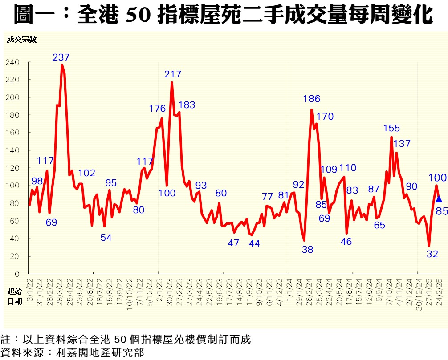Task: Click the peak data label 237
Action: pos(61,57)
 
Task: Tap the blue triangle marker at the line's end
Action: pos(439,199)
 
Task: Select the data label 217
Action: pos(172,74)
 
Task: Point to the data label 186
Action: pos(311,99)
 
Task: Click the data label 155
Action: pos(391,128)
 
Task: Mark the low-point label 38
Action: pos(308,250)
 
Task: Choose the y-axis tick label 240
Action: pos(12,62)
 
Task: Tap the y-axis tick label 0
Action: pos(16,274)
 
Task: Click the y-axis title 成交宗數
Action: pos(21,39)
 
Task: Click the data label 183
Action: pos(187,105)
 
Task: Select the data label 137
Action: pos(402,144)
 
